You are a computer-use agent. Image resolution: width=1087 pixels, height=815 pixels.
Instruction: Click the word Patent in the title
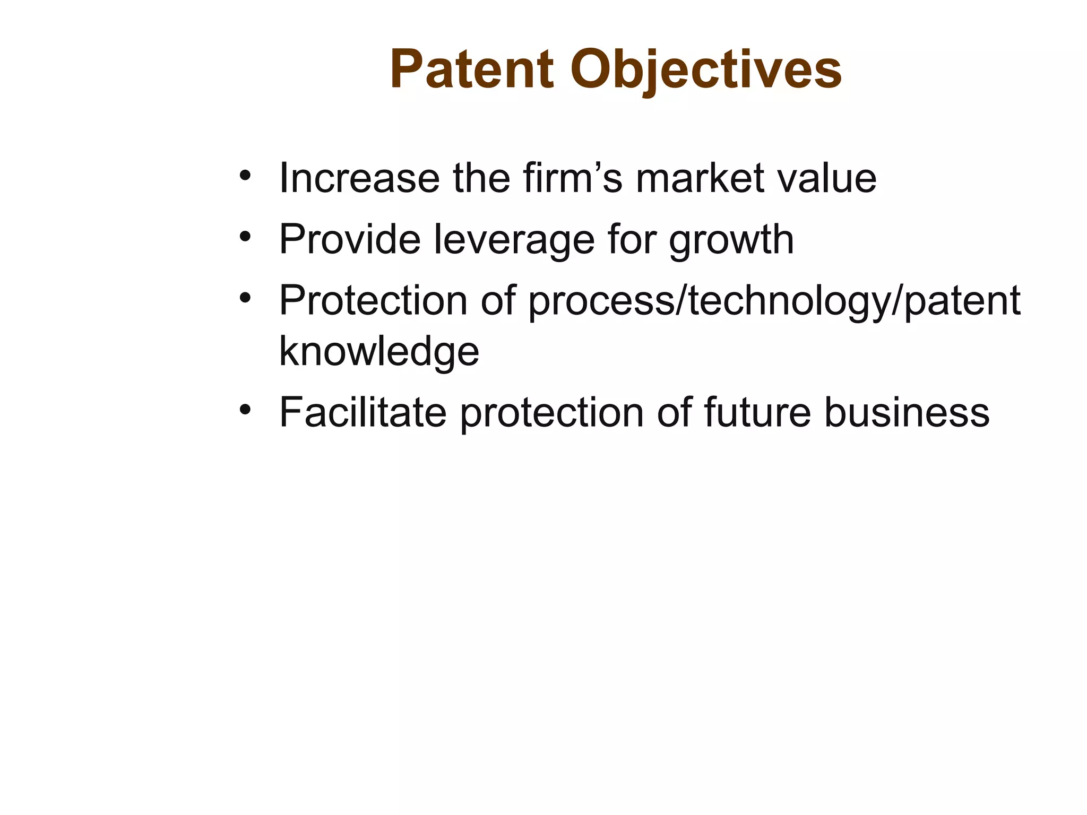click(472, 70)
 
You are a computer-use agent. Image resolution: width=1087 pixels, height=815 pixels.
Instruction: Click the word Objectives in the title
click(706, 70)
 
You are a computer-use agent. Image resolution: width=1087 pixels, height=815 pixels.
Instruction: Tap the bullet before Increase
click(245, 175)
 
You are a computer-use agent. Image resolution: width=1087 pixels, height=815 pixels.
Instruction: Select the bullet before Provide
click(245, 236)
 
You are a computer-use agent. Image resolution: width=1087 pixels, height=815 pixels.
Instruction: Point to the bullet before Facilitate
click(245, 409)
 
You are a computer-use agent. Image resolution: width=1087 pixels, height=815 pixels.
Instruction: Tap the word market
click(700, 178)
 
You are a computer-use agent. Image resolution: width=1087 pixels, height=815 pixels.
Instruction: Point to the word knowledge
click(379, 352)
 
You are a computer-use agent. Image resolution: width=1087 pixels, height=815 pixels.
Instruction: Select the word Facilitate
click(363, 412)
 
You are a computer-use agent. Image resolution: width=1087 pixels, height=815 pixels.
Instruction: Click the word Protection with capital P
click(373, 301)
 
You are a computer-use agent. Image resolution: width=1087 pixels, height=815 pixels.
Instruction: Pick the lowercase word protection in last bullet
click(551, 413)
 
